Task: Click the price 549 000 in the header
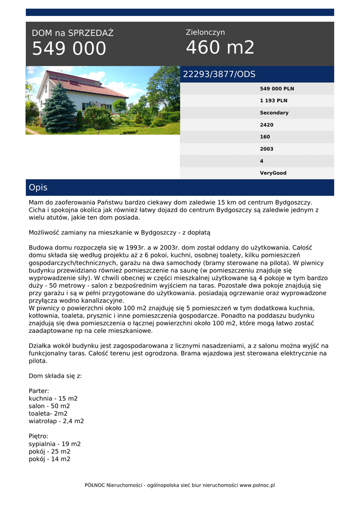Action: click(x=69, y=49)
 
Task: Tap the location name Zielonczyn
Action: click(x=205, y=32)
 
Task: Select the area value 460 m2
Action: click(x=220, y=48)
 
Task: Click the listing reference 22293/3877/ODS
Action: click(x=219, y=74)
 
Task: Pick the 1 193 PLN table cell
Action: click(x=274, y=101)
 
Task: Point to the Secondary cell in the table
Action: click(x=274, y=113)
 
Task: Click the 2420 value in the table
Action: click(x=267, y=125)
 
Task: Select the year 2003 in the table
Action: click(x=267, y=149)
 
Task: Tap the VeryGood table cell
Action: click(x=273, y=173)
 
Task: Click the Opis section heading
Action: click(x=38, y=188)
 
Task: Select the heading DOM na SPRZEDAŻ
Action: click(x=72, y=33)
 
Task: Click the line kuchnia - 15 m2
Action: click(x=53, y=398)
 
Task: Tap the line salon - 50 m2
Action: click(x=49, y=406)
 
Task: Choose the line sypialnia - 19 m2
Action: click(x=55, y=444)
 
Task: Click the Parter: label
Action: click(x=39, y=391)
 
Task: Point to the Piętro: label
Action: click(x=38, y=436)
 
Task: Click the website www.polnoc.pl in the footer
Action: click(x=257, y=485)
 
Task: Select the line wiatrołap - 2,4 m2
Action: click(x=56, y=421)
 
